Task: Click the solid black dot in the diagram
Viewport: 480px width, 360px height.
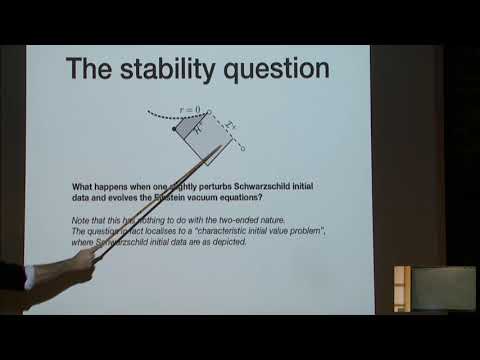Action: [175, 130]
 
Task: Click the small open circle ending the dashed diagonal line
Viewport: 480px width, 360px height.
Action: [243, 155]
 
